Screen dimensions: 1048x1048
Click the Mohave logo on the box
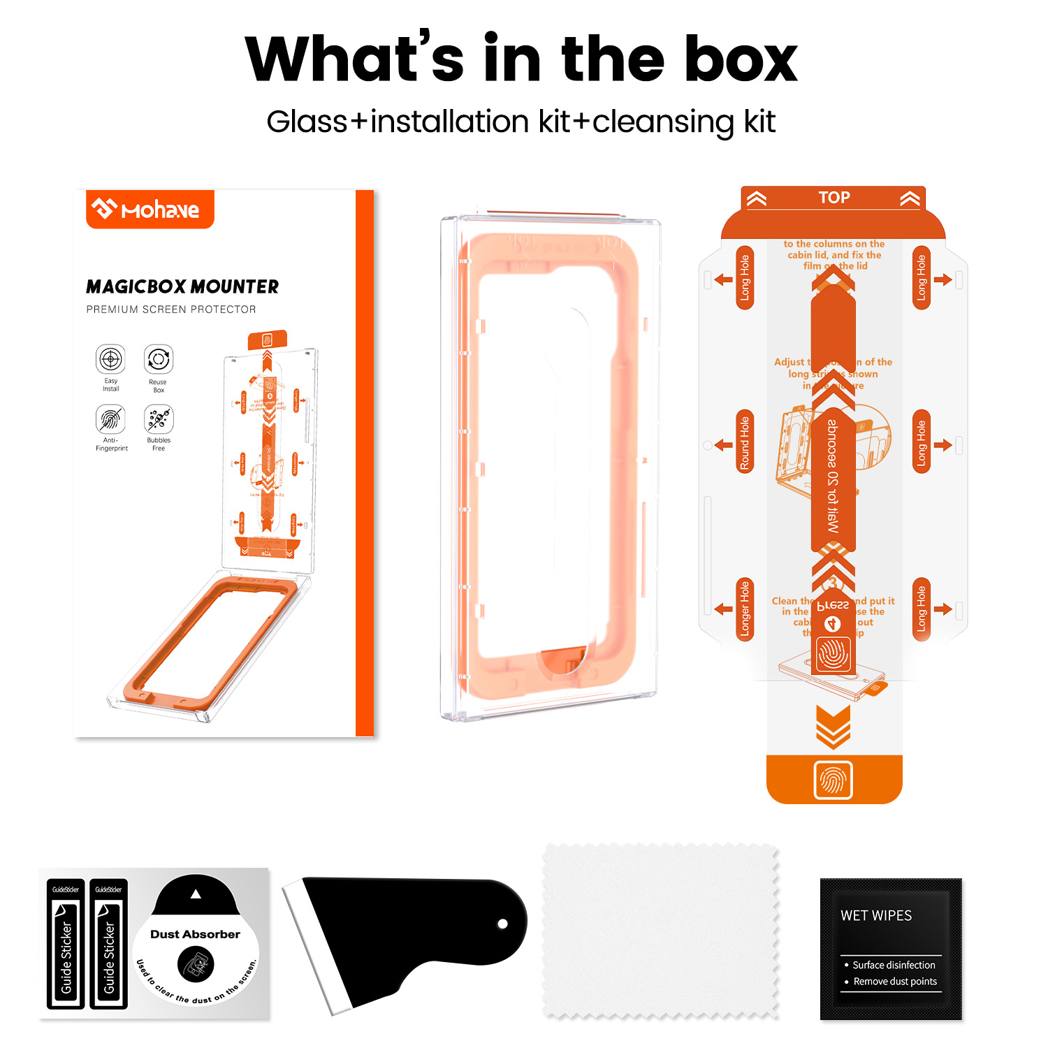click(150, 209)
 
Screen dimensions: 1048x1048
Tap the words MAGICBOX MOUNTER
click(182, 286)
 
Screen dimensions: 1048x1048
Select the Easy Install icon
click(110, 359)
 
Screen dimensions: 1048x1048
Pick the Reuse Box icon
click(158, 359)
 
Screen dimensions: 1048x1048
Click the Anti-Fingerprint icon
click(110, 419)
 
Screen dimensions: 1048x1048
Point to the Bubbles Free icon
click(159, 419)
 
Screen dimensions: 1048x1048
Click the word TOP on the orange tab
click(834, 198)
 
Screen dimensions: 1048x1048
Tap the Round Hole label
click(745, 442)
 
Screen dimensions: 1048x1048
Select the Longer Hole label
click(745, 609)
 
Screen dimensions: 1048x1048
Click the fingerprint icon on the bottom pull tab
click(834, 780)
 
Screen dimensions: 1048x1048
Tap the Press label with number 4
click(833, 606)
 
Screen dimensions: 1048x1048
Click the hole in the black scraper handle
click(502, 924)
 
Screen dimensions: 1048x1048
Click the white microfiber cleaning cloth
click(660, 931)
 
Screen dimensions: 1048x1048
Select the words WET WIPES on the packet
click(876, 915)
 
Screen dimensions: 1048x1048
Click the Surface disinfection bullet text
click(894, 965)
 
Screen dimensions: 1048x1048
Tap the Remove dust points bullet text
click(895, 982)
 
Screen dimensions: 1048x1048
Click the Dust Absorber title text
click(195, 934)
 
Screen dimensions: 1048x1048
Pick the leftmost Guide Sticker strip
click(66, 943)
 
